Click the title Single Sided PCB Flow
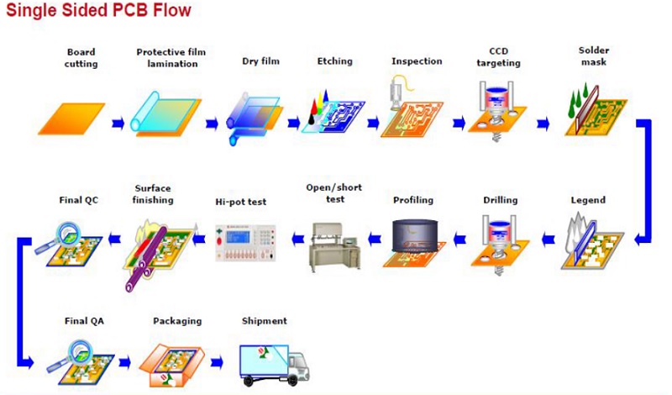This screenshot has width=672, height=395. coord(98,10)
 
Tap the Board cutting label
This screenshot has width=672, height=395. coord(81,58)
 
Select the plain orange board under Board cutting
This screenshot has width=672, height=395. coord(71,118)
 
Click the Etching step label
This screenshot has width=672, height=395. coord(334,61)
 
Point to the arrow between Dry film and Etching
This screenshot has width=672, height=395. coord(293,124)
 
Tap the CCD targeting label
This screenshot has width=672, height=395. coord(498,57)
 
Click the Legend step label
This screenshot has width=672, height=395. coord(588,200)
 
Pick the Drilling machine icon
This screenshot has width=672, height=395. coord(499,245)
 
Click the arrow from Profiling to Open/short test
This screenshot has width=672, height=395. coord(375,239)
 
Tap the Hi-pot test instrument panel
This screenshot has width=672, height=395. coord(245,242)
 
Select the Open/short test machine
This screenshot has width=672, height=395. coord(334,247)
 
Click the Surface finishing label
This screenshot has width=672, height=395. coord(153,194)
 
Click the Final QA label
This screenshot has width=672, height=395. coord(84,321)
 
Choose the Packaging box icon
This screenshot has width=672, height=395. coord(172,365)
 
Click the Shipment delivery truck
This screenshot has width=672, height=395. coord(275,365)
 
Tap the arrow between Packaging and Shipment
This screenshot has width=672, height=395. coord(217,362)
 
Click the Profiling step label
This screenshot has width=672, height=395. coord(413,200)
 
